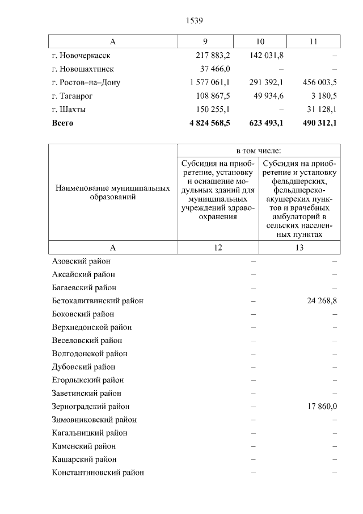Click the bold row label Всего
pyautogui.click(x=62, y=122)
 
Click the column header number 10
pyautogui.click(x=260, y=42)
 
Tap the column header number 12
pyautogui.click(x=218, y=247)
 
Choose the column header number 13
pyautogui.click(x=299, y=247)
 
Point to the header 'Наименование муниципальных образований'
pyautogui.click(x=112, y=192)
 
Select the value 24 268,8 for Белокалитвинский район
pyautogui.click(x=322, y=301)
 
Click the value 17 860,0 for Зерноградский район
pyautogui.click(x=322, y=407)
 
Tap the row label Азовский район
pyautogui.click(x=81, y=261)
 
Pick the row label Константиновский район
pyautogui.click(x=98, y=473)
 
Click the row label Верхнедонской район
pyautogui.click(x=91, y=327)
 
